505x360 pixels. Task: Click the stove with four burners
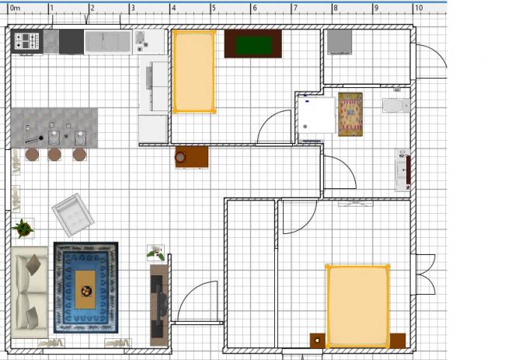pyautogui.click(x=26, y=41)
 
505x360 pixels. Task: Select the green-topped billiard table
pyautogui.click(x=253, y=44)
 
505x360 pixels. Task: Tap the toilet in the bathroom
pyautogui.click(x=396, y=106)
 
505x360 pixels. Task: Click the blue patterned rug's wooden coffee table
pyautogui.click(x=85, y=289)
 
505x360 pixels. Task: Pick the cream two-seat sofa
pyautogui.click(x=30, y=292)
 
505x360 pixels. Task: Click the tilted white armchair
pyautogui.click(x=73, y=215)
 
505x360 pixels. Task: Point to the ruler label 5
pyautogui.click(x=214, y=8)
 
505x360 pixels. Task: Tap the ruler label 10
pyautogui.click(x=418, y=8)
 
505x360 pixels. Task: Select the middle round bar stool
pyautogui.click(x=54, y=155)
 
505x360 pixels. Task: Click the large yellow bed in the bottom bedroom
pyautogui.click(x=357, y=306)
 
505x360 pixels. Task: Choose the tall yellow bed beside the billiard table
pyautogui.click(x=194, y=72)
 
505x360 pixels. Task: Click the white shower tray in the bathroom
pyautogui.click(x=316, y=115)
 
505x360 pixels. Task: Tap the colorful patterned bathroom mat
pyautogui.click(x=350, y=114)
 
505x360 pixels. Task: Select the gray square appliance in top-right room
pyautogui.click(x=340, y=42)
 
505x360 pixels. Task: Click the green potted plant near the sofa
pyautogui.click(x=23, y=228)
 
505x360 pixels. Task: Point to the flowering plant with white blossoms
pyautogui.click(x=156, y=253)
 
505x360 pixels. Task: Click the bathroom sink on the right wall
pyautogui.click(x=402, y=170)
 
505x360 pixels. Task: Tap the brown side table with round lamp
pyautogui.click(x=192, y=157)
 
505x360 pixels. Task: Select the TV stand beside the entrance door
pyautogui.click(x=159, y=306)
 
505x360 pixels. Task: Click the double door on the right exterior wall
pyautogui.click(x=425, y=274)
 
